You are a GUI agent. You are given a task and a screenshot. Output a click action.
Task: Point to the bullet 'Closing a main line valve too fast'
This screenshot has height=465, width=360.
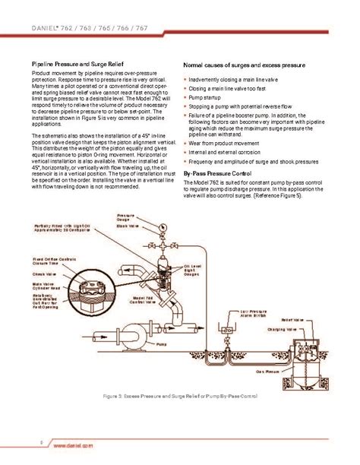coord(229,89)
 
